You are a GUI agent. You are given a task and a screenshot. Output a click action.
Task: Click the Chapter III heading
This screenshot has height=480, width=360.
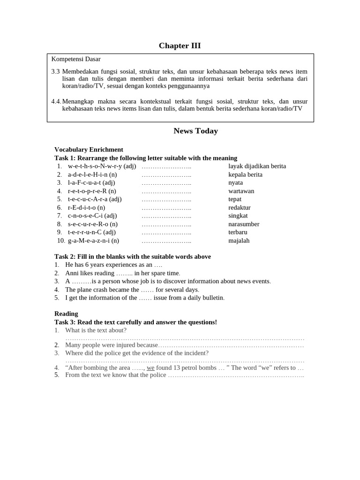pyautogui.click(x=180, y=45)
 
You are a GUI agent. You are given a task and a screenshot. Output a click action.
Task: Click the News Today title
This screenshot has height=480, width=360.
pyautogui.click(x=195, y=131)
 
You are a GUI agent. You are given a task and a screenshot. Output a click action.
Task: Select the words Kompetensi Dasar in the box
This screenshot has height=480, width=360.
pyautogui.click(x=76, y=59)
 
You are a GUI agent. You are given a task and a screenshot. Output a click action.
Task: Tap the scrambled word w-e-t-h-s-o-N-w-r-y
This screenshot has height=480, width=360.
pyautogui.click(x=95, y=166)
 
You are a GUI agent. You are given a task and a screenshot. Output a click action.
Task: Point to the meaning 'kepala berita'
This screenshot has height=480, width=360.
pyautogui.click(x=245, y=174)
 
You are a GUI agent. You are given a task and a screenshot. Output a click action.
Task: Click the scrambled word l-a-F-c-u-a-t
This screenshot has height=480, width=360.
pyautogui.click(x=84, y=182)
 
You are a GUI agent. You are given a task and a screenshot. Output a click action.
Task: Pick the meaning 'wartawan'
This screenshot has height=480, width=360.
pyautogui.click(x=241, y=191)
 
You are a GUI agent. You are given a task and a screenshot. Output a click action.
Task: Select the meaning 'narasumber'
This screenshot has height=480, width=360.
pyautogui.click(x=244, y=224)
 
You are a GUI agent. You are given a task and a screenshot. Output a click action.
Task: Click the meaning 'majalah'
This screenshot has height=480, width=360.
pyautogui.click(x=239, y=240)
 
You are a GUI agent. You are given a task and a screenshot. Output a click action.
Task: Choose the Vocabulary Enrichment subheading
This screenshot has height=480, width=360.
pyautogui.click(x=89, y=150)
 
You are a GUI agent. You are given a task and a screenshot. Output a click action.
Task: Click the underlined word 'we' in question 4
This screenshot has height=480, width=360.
pyautogui.click(x=150, y=367)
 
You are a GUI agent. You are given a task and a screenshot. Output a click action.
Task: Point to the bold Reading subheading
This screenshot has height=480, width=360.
pyautogui.click(x=66, y=314)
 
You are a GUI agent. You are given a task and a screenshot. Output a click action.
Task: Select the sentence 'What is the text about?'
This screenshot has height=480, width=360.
pyautogui.click(x=96, y=330)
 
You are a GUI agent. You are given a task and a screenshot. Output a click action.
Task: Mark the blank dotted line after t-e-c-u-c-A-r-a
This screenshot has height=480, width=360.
pyautogui.click(x=166, y=199)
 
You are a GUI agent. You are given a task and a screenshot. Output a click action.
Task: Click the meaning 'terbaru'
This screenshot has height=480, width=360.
pyautogui.click(x=238, y=232)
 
